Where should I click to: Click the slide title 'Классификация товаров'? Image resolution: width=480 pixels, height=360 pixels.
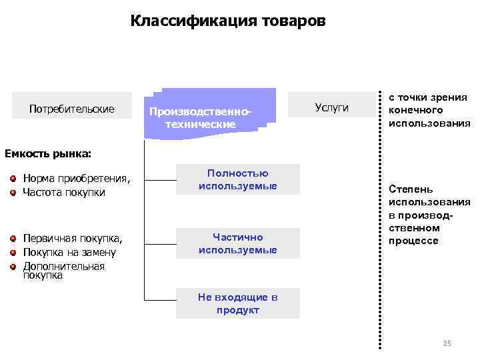click(x=229, y=21)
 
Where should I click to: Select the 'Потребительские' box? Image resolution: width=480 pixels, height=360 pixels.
click(x=72, y=109)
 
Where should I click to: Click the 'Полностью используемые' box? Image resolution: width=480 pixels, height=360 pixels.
click(x=237, y=180)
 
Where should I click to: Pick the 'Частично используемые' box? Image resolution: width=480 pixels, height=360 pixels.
click(x=237, y=243)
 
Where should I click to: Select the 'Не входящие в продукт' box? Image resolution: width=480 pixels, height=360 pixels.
click(x=237, y=303)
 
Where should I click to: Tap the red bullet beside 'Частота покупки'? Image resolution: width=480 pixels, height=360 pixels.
click(x=13, y=192)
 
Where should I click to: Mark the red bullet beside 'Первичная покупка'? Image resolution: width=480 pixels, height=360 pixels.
click(x=13, y=238)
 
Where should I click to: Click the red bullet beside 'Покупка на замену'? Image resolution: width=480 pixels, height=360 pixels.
click(x=13, y=252)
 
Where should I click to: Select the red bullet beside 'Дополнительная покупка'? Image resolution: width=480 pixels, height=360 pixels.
click(x=13, y=266)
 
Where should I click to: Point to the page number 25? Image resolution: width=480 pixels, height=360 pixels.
click(x=447, y=343)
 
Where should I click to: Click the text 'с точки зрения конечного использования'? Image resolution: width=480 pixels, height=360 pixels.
click(x=429, y=110)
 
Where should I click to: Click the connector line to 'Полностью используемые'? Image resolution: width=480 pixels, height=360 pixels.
click(x=160, y=180)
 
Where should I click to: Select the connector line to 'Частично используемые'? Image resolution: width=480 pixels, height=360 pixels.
click(x=160, y=243)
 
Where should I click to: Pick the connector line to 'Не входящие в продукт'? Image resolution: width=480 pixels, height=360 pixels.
click(x=160, y=303)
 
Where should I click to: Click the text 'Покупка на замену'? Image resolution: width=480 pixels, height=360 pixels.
click(x=69, y=252)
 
